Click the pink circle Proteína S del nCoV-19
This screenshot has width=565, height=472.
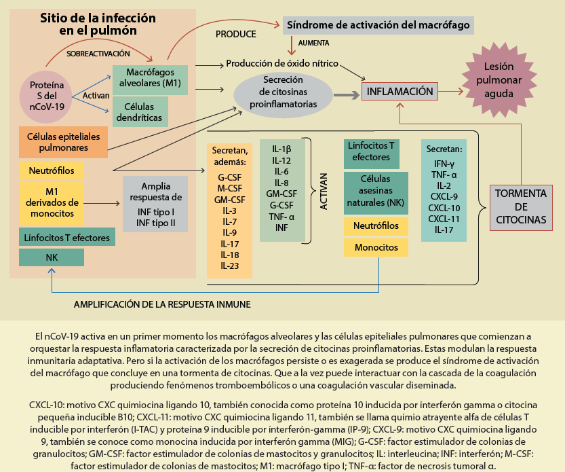click(x=48, y=96)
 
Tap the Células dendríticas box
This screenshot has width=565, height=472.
click(x=140, y=112)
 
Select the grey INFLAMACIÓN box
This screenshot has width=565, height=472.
click(x=400, y=91)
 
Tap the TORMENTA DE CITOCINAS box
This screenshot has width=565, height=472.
click(x=520, y=206)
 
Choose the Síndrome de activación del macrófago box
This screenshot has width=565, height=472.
click(x=378, y=26)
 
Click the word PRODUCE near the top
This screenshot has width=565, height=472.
click(x=236, y=34)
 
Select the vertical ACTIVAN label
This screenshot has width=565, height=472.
click(x=324, y=191)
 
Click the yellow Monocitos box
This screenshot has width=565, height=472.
click(x=376, y=247)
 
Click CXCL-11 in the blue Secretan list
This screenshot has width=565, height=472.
click(x=444, y=219)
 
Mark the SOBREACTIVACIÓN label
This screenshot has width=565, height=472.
click(x=97, y=53)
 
